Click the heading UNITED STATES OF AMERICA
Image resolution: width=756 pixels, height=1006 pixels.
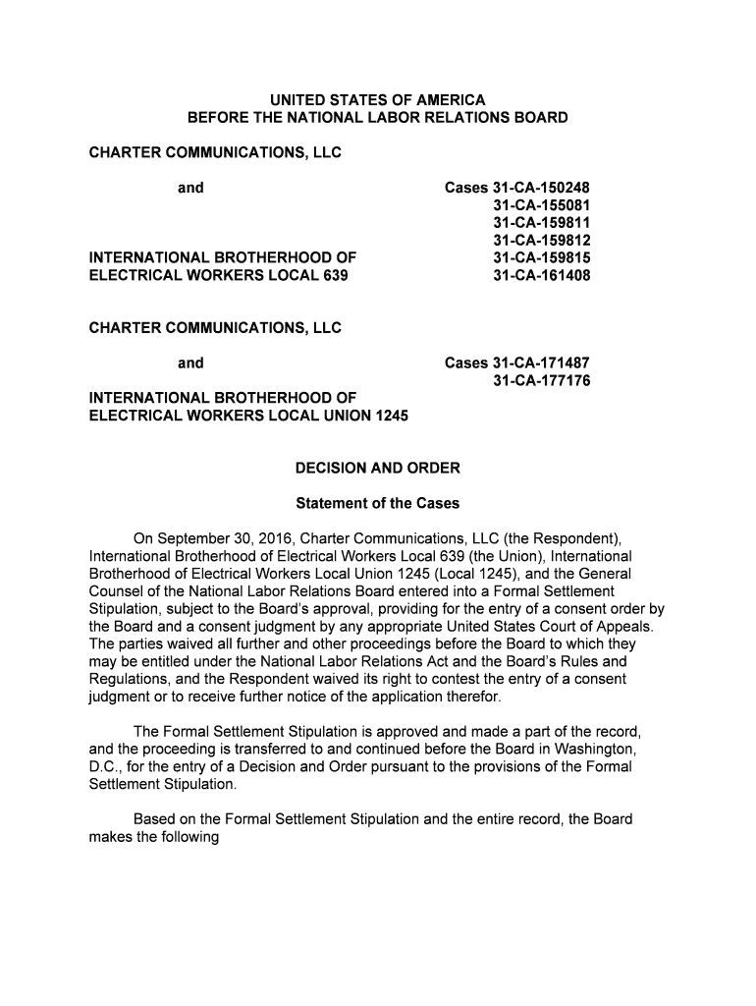(378, 100)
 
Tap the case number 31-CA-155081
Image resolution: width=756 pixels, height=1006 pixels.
(541, 205)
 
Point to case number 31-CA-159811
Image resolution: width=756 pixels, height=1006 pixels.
(541, 223)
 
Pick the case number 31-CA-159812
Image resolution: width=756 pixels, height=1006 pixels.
(541, 241)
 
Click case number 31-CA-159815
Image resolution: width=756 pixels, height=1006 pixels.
(541, 258)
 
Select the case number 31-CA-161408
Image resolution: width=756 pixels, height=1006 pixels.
(541, 276)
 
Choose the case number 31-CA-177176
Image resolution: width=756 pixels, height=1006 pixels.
(541, 381)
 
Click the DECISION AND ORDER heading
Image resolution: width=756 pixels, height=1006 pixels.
(378, 469)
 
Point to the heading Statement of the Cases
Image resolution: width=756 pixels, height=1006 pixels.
(378, 503)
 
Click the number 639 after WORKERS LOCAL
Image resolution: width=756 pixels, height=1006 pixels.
(335, 276)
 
